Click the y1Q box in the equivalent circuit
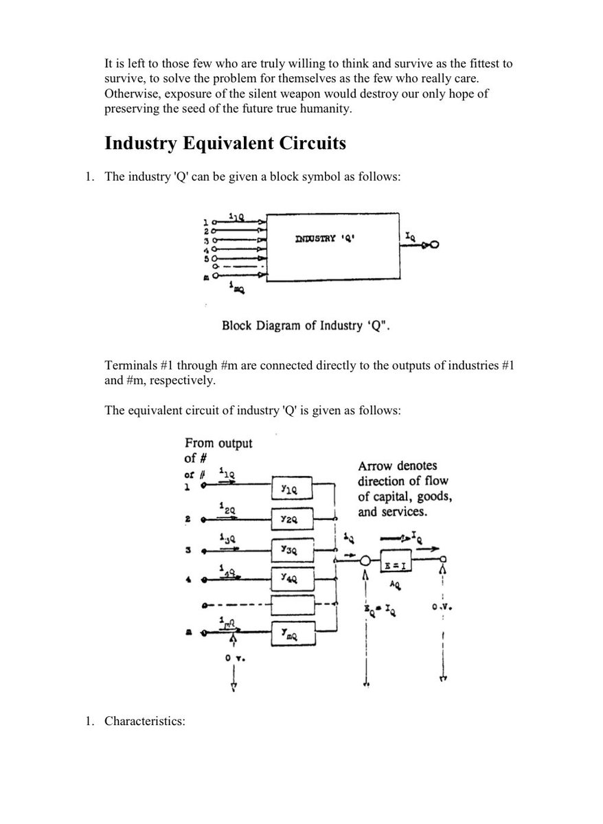pos(293,487)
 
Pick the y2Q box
pos(293,519)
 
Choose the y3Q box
pos(293,550)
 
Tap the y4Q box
pos(293,578)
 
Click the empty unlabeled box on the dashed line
pos(293,606)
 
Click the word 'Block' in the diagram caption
pos(237,325)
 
